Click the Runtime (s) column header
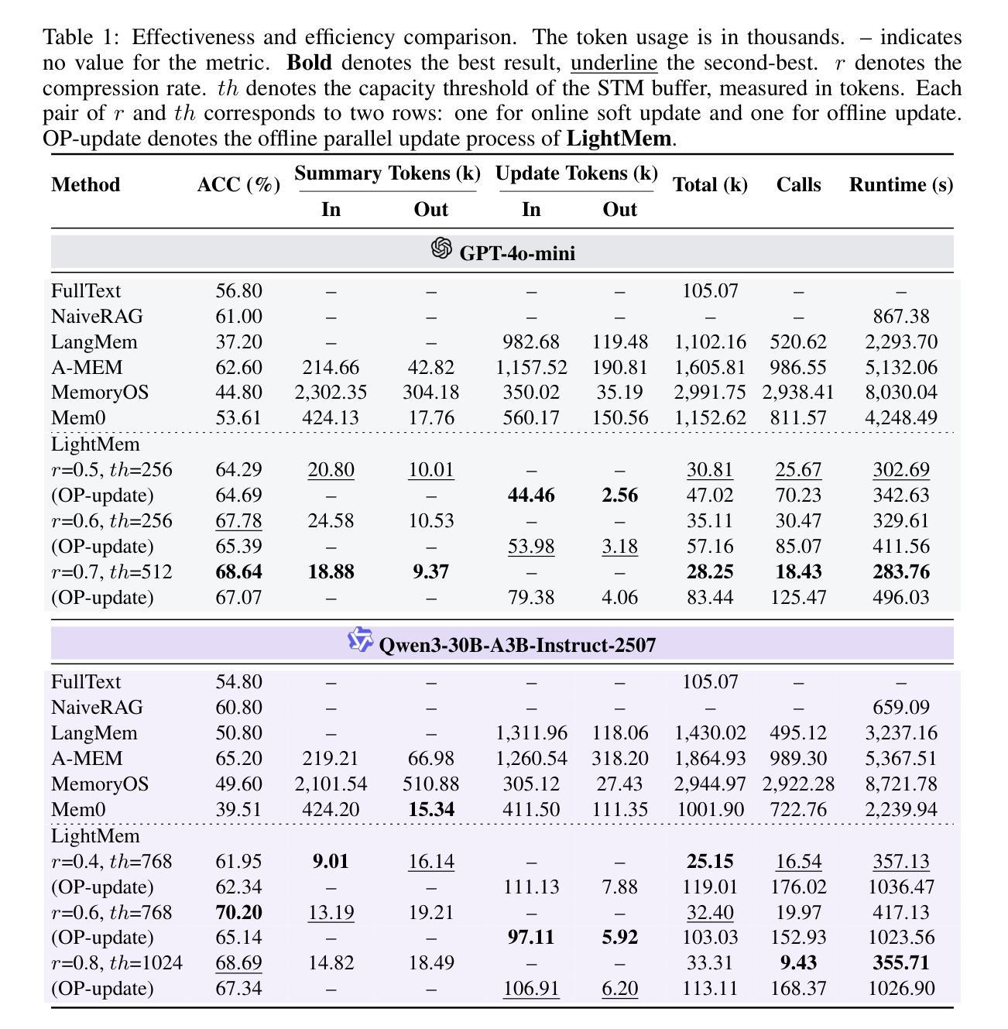tap(900, 185)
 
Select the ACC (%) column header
tap(238, 185)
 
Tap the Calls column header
tap(798, 185)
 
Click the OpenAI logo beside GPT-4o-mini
tap(441, 249)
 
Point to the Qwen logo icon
tap(360, 640)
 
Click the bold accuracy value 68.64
tap(238, 572)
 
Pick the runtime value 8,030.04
tap(900, 393)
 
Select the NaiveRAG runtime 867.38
tap(900, 317)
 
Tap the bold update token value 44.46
tap(531, 496)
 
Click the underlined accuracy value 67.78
tap(238, 521)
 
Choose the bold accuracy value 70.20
tap(238, 913)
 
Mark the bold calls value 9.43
tap(798, 963)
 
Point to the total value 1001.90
tap(710, 810)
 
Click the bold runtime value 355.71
tap(900, 963)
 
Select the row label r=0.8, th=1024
tap(117, 963)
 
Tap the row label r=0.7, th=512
tap(111, 572)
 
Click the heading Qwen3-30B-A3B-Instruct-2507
tap(517, 645)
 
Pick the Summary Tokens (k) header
tap(387, 173)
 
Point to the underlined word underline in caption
tap(614, 63)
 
